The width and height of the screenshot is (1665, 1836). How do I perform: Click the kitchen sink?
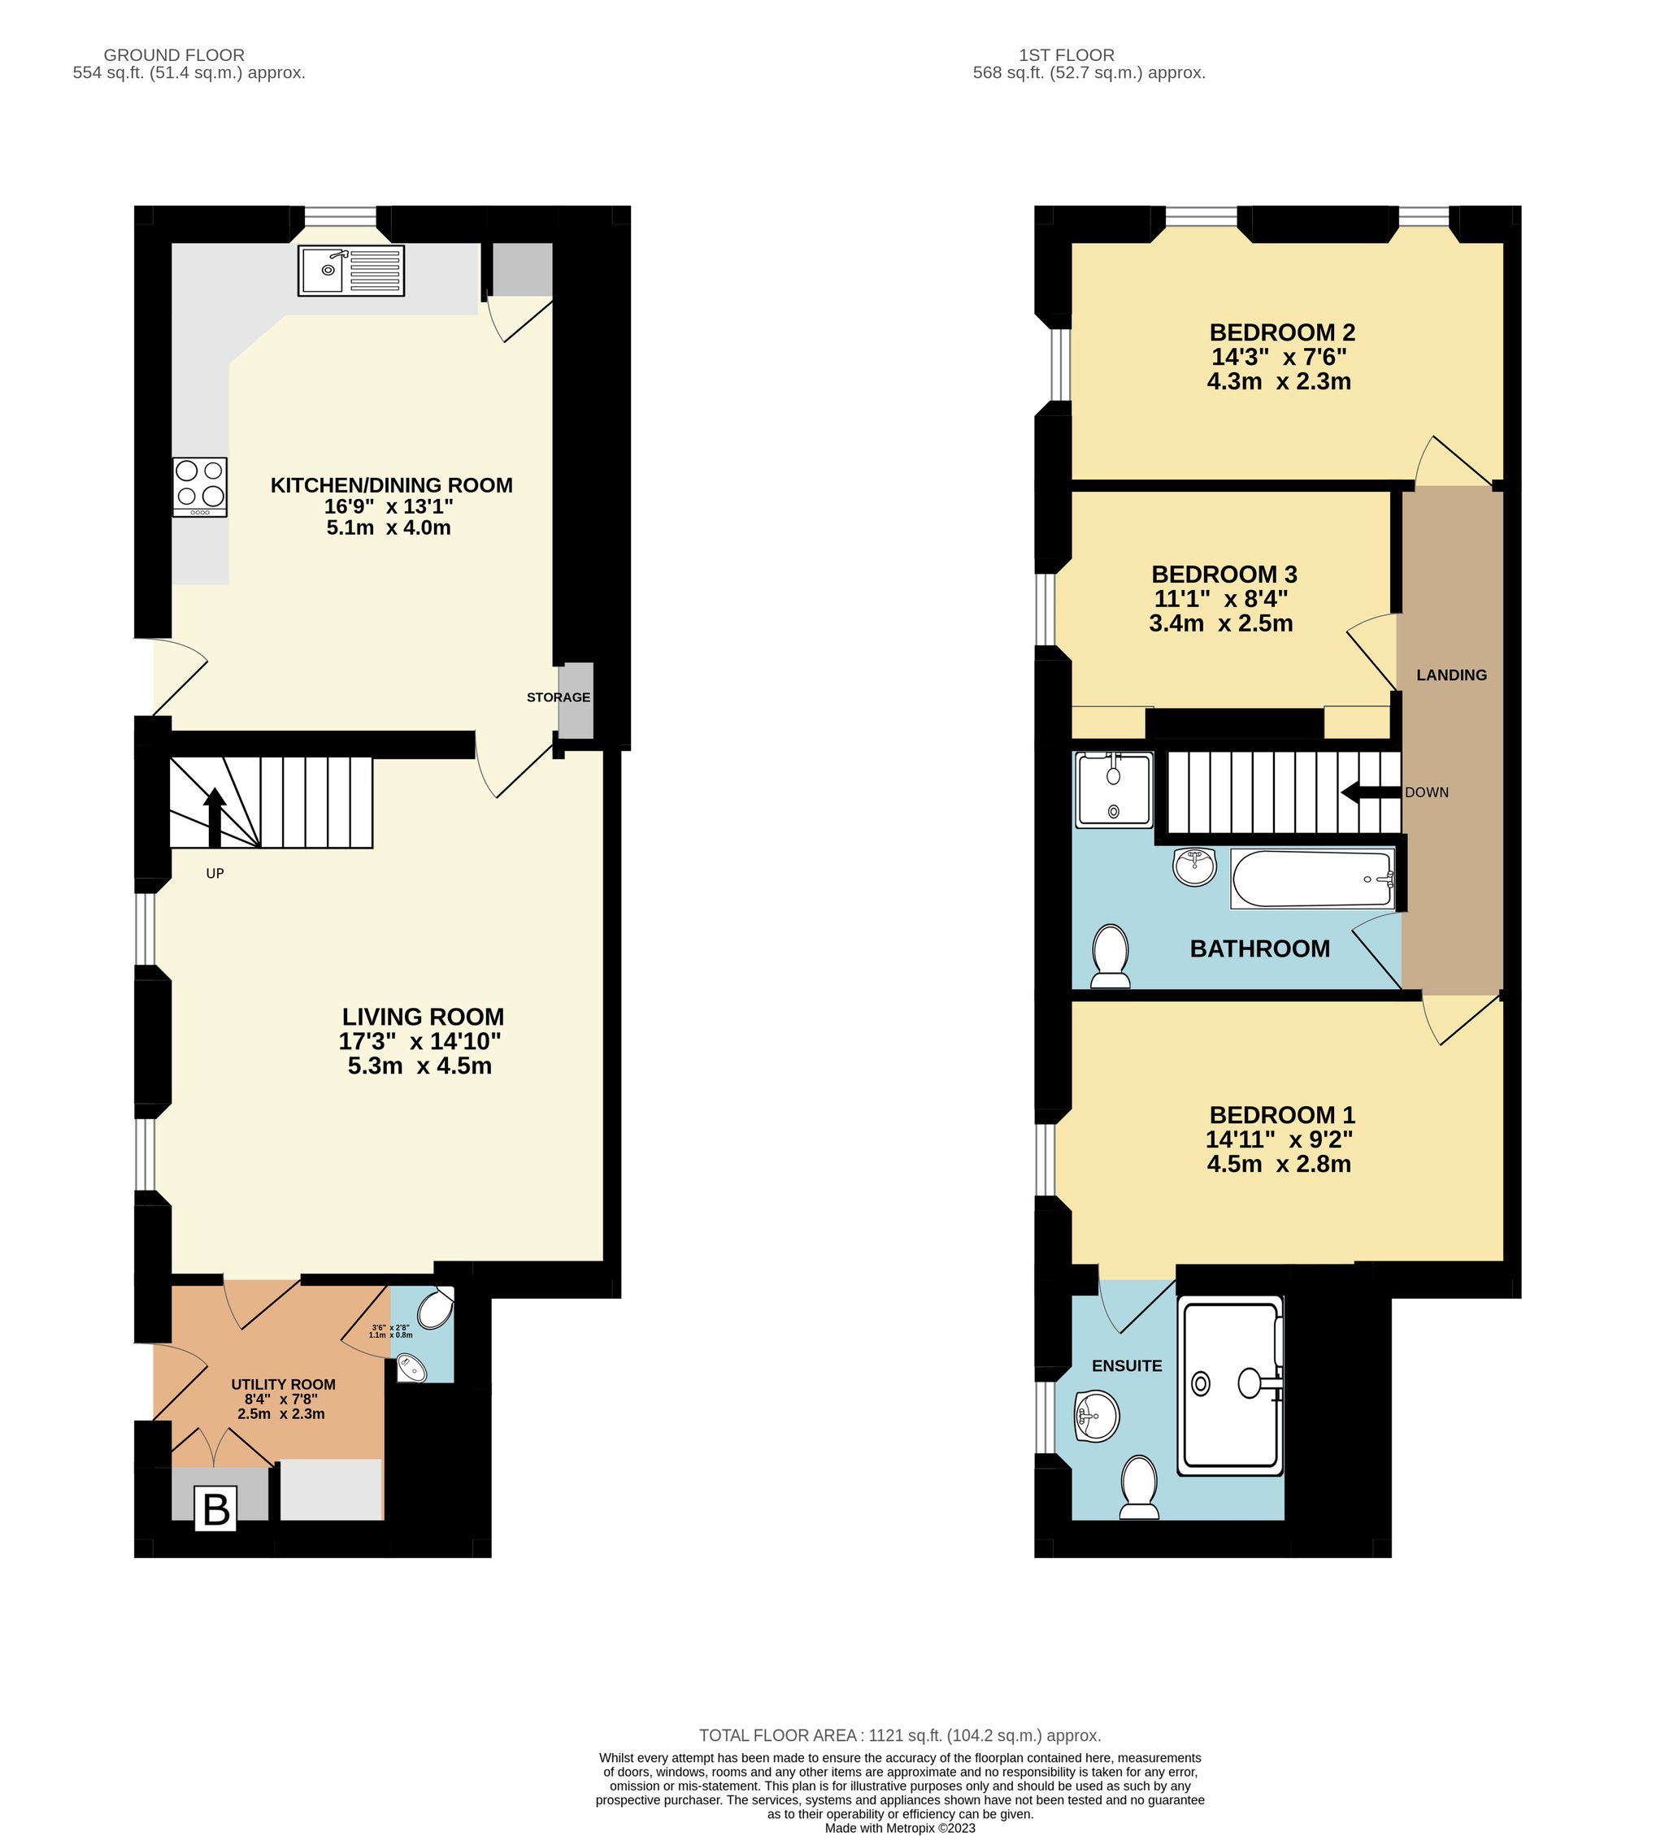tap(350, 271)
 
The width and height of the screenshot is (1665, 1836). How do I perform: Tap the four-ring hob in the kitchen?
tap(199, 487)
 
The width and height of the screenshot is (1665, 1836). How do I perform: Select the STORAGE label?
tap(559, 697)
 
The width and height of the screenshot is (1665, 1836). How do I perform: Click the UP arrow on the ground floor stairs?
tap(215, 817)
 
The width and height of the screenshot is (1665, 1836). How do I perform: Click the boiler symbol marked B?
tap(216, 1509)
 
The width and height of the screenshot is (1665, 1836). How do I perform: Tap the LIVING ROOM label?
tap(423, 1017)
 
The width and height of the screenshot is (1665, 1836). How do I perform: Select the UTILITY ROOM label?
tap(283, 1384)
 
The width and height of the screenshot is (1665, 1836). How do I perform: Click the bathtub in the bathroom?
tap(1312, 879)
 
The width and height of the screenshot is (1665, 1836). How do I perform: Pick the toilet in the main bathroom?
tap(1111, 957)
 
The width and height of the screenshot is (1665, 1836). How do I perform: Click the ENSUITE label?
tap(1127, 1366)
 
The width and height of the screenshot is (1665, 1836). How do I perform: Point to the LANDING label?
tap(1451, 675)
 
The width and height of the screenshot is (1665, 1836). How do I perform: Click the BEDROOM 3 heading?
tap(1224, 575)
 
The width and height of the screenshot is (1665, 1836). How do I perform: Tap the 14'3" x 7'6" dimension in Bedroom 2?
tap(1278, 357)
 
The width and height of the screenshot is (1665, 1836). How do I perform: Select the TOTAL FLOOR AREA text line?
tap(900, 1736)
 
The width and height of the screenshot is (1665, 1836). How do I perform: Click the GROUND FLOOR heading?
tap(174, 54)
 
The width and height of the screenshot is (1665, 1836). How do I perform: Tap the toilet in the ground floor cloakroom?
tap(437, 1309)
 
